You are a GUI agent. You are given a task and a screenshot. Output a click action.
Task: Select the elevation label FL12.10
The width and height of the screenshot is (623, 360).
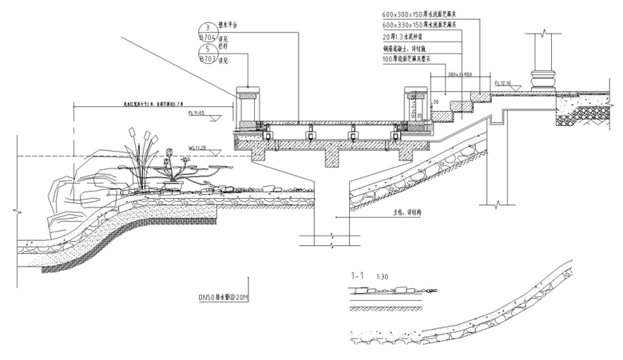(502, 82)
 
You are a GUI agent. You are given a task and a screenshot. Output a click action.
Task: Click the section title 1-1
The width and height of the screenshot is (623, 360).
(358, 275)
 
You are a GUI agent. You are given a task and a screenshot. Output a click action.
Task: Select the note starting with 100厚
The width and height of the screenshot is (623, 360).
(411, 59)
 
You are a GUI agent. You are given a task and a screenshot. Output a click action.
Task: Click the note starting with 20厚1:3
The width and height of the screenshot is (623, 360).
(407, 37)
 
